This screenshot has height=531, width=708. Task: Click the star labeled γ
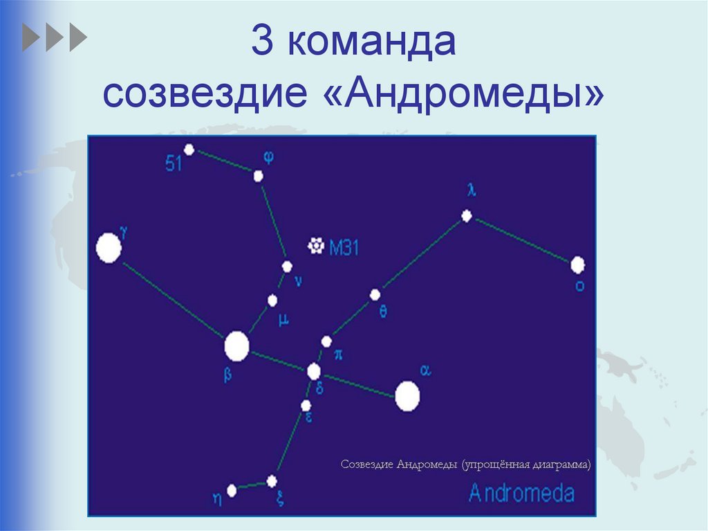click(109, 248)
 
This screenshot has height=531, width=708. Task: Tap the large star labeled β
click(236, 346)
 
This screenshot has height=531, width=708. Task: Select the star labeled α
click(407, 397)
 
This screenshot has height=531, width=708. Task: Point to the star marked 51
click(189, 150)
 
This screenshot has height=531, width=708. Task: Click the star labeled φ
click(258, 176)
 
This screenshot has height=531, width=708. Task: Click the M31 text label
click(344, 246)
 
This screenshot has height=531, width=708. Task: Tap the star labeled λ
click(467, 216)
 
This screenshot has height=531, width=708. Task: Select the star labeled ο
click(577, 264)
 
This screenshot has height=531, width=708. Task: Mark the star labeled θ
click(375, 295)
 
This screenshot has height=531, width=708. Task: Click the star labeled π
click(326, 341)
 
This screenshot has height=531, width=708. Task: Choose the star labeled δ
click(314, 372)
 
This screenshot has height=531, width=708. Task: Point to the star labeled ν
click(287, 267)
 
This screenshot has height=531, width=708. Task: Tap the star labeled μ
click(272, 300)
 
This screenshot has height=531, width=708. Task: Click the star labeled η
click(232, 490)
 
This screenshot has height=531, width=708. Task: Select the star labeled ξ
click(272, 480)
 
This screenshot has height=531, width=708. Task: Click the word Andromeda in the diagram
click(521, 493)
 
